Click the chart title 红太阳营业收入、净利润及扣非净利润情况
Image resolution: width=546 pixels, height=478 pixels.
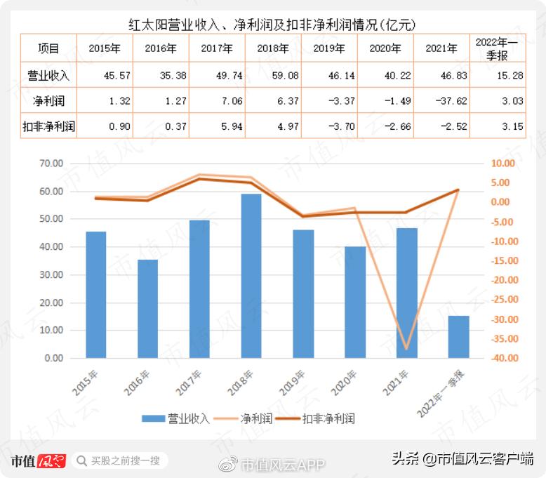272,24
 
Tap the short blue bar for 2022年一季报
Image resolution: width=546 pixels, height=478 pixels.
458,337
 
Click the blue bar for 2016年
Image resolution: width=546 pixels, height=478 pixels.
147,309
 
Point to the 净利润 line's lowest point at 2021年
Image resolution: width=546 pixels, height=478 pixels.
406,348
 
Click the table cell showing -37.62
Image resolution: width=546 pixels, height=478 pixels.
441,101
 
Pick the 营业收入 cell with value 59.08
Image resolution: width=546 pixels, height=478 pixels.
273,75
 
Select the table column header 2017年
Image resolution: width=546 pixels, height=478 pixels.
217,49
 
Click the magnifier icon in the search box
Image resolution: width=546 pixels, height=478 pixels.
81,461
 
